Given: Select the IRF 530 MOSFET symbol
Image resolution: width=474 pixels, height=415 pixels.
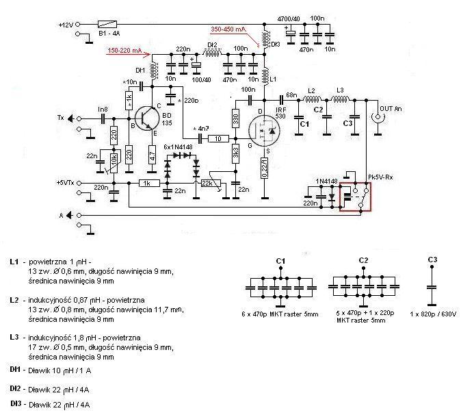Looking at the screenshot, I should point(261,129).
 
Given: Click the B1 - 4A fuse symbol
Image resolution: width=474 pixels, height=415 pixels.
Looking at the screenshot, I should point(111,23).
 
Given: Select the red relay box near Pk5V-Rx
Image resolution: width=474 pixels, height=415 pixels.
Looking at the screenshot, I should point(355,195).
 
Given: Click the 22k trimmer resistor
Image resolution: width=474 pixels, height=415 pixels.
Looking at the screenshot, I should point(209,183).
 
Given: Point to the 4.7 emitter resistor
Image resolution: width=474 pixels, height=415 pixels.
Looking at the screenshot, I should point(153,155).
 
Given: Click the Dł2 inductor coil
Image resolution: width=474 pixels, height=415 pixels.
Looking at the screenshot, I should point(213,55).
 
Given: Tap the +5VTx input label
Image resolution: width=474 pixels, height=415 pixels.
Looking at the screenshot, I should point(66,183).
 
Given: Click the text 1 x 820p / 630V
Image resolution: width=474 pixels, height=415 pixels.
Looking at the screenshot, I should point(432,314).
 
